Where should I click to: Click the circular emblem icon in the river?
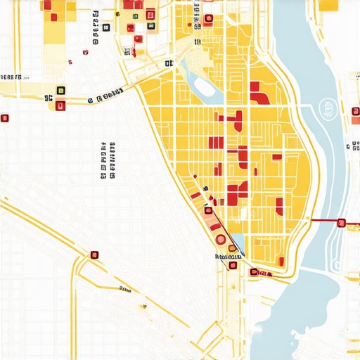(326, 108)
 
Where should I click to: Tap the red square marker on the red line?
(341, 223)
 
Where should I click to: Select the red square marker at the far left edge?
(4, 118)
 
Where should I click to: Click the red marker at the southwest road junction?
(94, 255)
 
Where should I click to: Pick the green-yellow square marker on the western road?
(60, 91)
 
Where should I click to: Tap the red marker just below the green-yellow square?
(60, 106)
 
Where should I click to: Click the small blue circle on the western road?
(91, 101)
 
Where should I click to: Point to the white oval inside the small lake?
(204, 86)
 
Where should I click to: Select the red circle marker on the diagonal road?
(221, 239)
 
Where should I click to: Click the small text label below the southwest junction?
(126, 289)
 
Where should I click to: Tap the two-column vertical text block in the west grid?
(108, 160)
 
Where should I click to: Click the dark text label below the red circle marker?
(226, 257)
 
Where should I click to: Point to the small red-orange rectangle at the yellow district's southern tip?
(265, 272)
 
